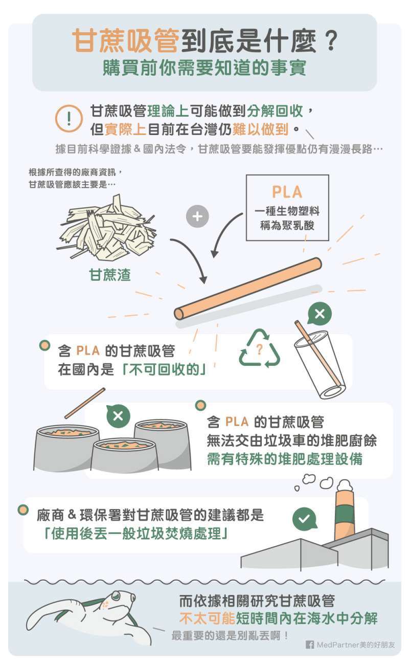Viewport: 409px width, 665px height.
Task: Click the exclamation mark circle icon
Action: coord(69,119)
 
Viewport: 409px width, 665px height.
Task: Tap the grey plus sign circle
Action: coord(197,216)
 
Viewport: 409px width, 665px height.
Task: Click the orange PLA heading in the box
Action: coord(287,192)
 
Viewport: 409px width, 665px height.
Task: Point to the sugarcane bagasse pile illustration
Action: coord(106,227)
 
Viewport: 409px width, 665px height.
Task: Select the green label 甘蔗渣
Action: coord(110,275)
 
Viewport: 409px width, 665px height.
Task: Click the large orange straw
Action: coord(247,289)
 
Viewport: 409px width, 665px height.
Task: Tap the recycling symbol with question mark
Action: coord(259,348)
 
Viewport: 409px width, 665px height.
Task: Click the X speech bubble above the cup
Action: coord(320,314)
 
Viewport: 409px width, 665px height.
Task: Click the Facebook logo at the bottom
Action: coord(310,645)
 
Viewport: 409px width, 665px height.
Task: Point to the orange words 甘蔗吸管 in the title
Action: coord(126,41)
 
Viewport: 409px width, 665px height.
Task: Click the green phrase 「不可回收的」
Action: coord(164,370)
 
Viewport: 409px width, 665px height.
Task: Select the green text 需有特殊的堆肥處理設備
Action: coord(285,459)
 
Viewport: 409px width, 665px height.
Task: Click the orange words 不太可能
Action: coord(207,618)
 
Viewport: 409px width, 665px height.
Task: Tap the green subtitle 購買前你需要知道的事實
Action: coord(204,68)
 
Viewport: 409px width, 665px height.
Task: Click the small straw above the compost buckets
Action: coord(85,403)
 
